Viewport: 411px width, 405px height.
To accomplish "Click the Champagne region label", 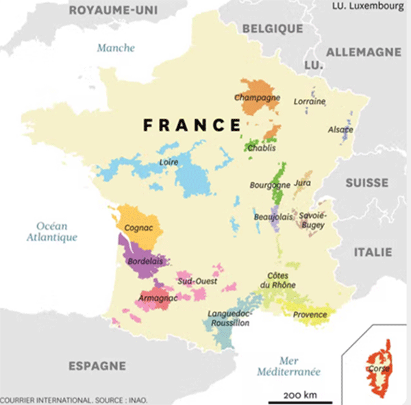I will click(x=258, y=97).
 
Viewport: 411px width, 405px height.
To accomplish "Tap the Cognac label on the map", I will click(x=139, y=227).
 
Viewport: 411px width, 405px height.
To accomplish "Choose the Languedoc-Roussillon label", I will click(x=229, y=319).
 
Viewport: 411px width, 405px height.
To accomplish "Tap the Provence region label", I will click(x=310, y=315).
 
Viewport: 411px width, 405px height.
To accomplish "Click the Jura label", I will click(x=302, y=184).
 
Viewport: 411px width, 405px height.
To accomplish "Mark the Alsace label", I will click(x=340, y=130).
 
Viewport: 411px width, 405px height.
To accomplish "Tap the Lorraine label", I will click(x=310, y=101).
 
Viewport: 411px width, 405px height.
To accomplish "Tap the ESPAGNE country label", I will click(x=97, y=366).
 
